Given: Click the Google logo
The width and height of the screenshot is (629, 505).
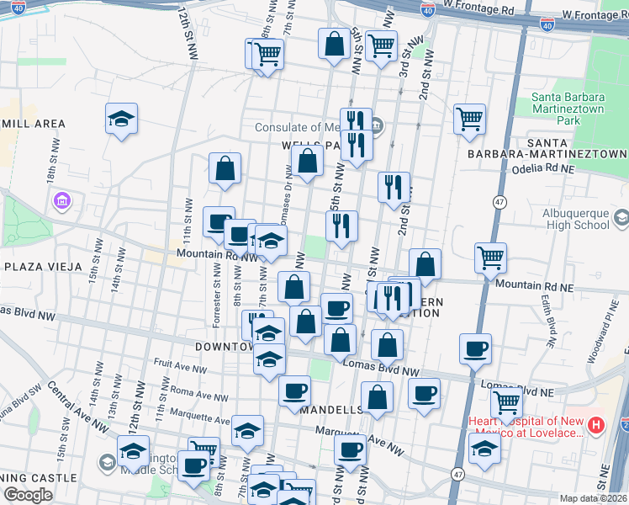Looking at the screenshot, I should [28, 496].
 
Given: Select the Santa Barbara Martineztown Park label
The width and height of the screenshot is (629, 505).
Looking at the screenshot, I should [568, 109].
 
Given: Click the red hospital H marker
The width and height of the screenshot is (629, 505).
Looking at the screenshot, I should [595, 424].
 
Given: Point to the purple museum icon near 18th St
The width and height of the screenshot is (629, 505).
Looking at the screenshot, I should [61, 202].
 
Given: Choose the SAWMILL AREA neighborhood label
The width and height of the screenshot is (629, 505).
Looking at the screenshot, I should [32, 124].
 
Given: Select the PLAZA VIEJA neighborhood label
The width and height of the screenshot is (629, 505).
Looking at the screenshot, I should [42, 266].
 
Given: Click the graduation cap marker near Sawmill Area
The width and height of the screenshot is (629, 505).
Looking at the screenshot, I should [121, 119].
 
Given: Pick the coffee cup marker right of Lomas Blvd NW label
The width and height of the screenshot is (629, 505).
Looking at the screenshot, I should [475, 349].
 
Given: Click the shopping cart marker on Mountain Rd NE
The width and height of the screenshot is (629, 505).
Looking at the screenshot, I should [490, 258].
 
